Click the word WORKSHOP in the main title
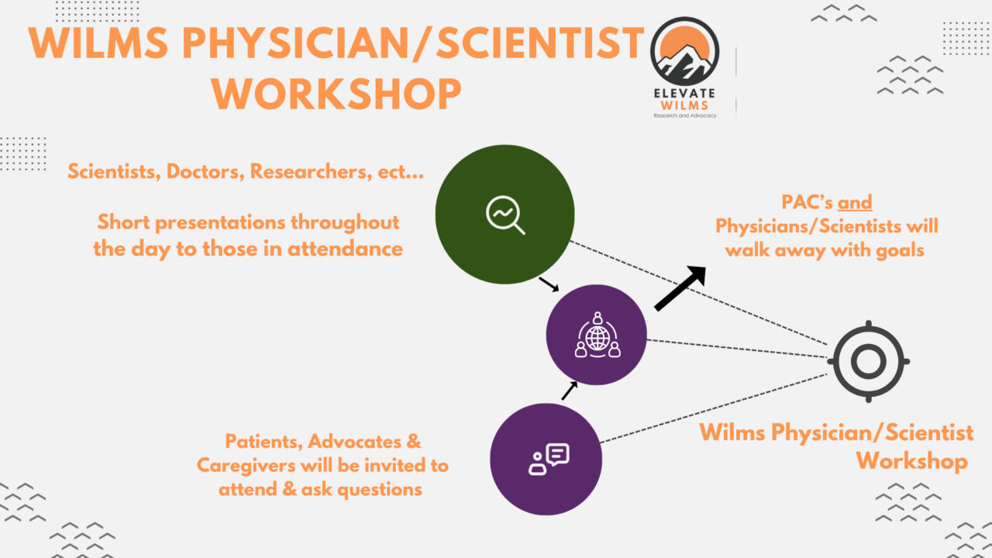coord(336,95)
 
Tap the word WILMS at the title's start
coord(98,43)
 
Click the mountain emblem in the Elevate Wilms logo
coord(684,51)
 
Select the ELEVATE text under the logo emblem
coord(684,94)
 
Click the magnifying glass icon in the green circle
coord(505,215)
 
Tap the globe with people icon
coord(598,335)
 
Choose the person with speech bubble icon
coord(549,460)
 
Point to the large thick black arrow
coord(680,288)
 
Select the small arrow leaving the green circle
coord(549,284)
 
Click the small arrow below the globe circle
coord(570,391)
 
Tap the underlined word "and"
coord(855,202)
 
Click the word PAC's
coord(807,202)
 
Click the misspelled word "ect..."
coord(401,172)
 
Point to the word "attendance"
coord(346,249)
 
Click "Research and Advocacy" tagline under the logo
coord(684,115)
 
